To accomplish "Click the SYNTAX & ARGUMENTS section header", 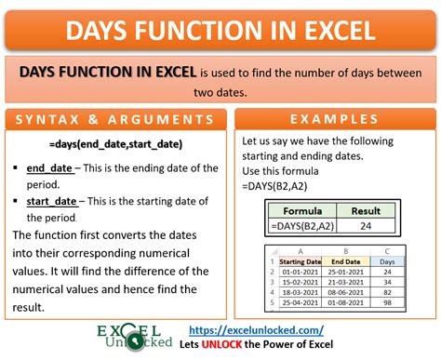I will coord(114,121).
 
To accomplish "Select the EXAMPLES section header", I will coord(332,121).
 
